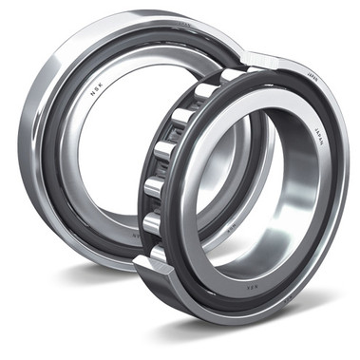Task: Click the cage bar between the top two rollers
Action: click(193, 104)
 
